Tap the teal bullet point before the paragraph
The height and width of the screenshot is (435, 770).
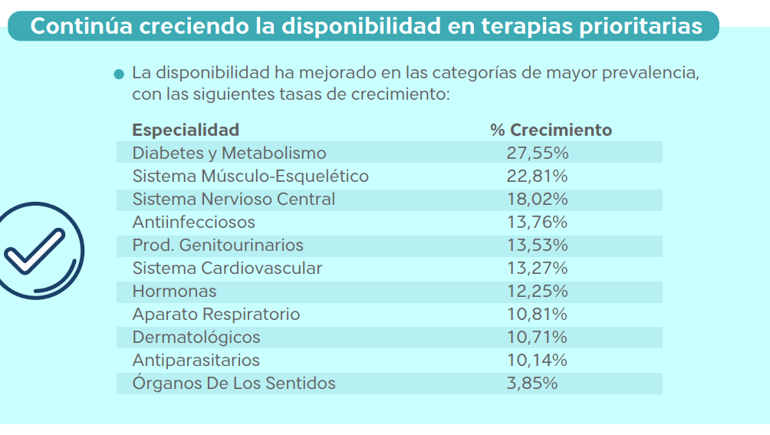118,75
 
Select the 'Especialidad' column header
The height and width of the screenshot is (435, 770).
186,130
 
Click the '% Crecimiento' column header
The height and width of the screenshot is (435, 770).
551,130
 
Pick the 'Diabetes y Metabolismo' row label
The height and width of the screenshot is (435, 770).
229,153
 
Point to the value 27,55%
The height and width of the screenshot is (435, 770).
537,153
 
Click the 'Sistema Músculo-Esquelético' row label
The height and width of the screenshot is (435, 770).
250,176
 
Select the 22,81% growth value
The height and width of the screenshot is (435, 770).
537,176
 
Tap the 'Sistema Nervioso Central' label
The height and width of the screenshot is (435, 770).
234,199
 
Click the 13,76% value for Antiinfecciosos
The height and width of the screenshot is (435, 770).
537,222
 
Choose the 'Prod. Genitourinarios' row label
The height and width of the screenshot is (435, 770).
218,245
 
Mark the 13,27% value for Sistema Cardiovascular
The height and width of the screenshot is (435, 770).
537,268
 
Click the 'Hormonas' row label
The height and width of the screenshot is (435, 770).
174,291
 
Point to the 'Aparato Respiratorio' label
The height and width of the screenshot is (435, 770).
216,314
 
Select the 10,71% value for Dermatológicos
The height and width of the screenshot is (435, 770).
537,337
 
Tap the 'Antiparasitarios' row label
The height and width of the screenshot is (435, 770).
196,360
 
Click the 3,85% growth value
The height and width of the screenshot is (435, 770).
532,383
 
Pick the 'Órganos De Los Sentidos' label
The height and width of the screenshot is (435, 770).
234,383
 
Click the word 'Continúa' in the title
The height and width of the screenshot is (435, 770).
80,26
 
